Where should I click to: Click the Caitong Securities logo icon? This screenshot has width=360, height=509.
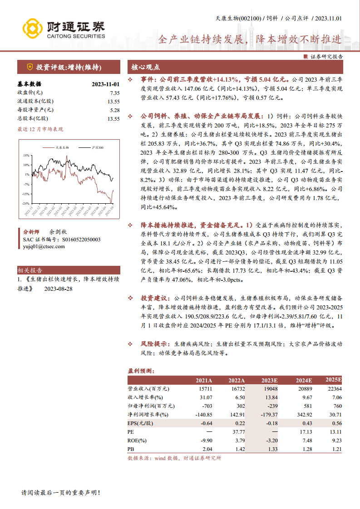pyautogui.click(x=33, y=29)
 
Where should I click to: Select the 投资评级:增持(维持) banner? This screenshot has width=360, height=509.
pyautogui.click(x=68, y=67)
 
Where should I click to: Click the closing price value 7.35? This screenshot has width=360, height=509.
pyautogui.click(x=114, y=93)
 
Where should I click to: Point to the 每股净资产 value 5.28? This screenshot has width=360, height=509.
pyautogui.click(x=114, y=110)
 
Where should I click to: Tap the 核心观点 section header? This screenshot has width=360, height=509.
pyautogui.click(x=146, y=67)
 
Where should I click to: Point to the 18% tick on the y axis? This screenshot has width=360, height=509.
pyautogui.click(x=27, y=155)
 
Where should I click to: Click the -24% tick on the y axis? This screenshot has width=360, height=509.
pyautogui.click(x=26, y=203)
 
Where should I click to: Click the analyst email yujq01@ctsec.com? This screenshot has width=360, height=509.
pyautogui.click(x=44, y=246)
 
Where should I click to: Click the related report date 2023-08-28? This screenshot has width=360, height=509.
pyautogui.click(x=58, y=289)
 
